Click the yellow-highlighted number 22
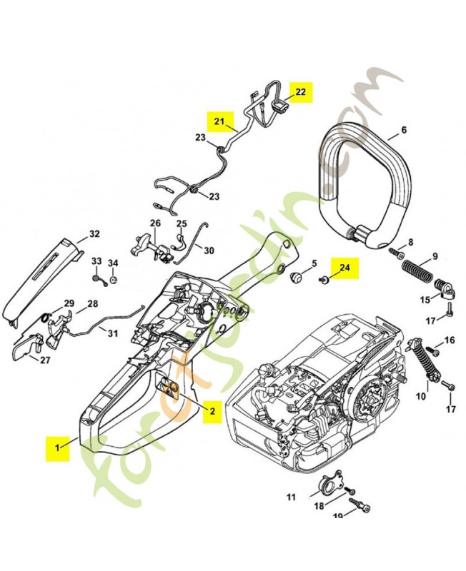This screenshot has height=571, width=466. tap(300, 92)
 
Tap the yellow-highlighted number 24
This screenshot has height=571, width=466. tap(345, 268)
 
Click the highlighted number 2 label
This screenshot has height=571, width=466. tap(212, 410)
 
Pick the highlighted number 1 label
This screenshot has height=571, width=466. tap(58, 448)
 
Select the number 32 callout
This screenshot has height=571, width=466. tap(94, 234)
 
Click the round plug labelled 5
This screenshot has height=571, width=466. tap(294, 275)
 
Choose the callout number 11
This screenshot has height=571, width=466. tap(291, 495)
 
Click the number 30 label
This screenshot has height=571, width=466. tap(209, 251)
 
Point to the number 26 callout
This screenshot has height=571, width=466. tap(155, 223)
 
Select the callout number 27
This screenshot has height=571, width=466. tap(45, 360)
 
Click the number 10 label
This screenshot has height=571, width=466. tap(422, 395)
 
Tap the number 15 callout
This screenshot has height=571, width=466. tap(425, 300)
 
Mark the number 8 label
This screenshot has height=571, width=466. tap(410, 242)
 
